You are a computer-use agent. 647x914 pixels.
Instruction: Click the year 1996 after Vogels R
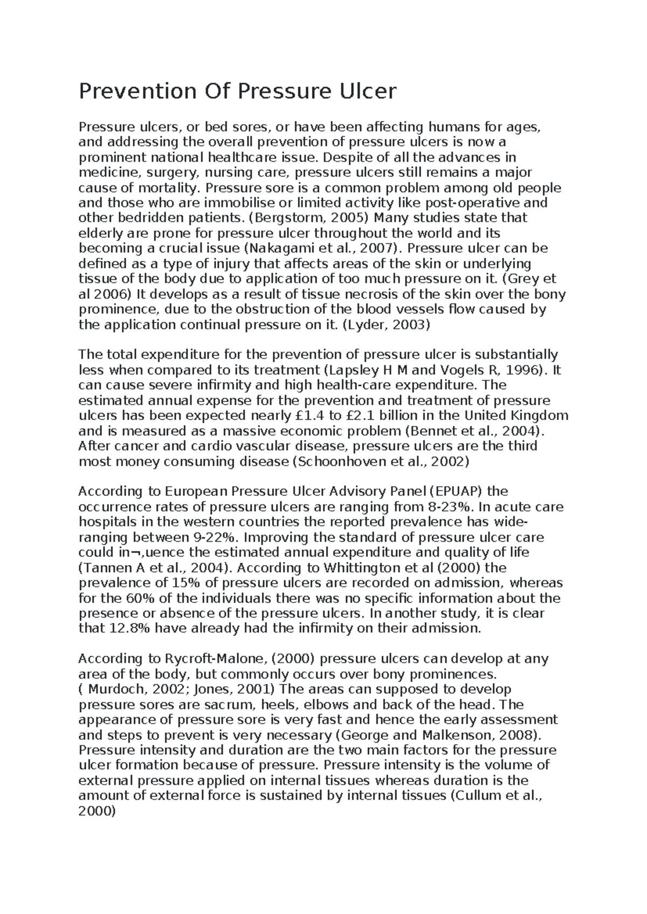pyautogui.click(x=524, y=370)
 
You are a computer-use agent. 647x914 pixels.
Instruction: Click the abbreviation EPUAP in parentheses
pyautogui.click(x=458, y=492)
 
